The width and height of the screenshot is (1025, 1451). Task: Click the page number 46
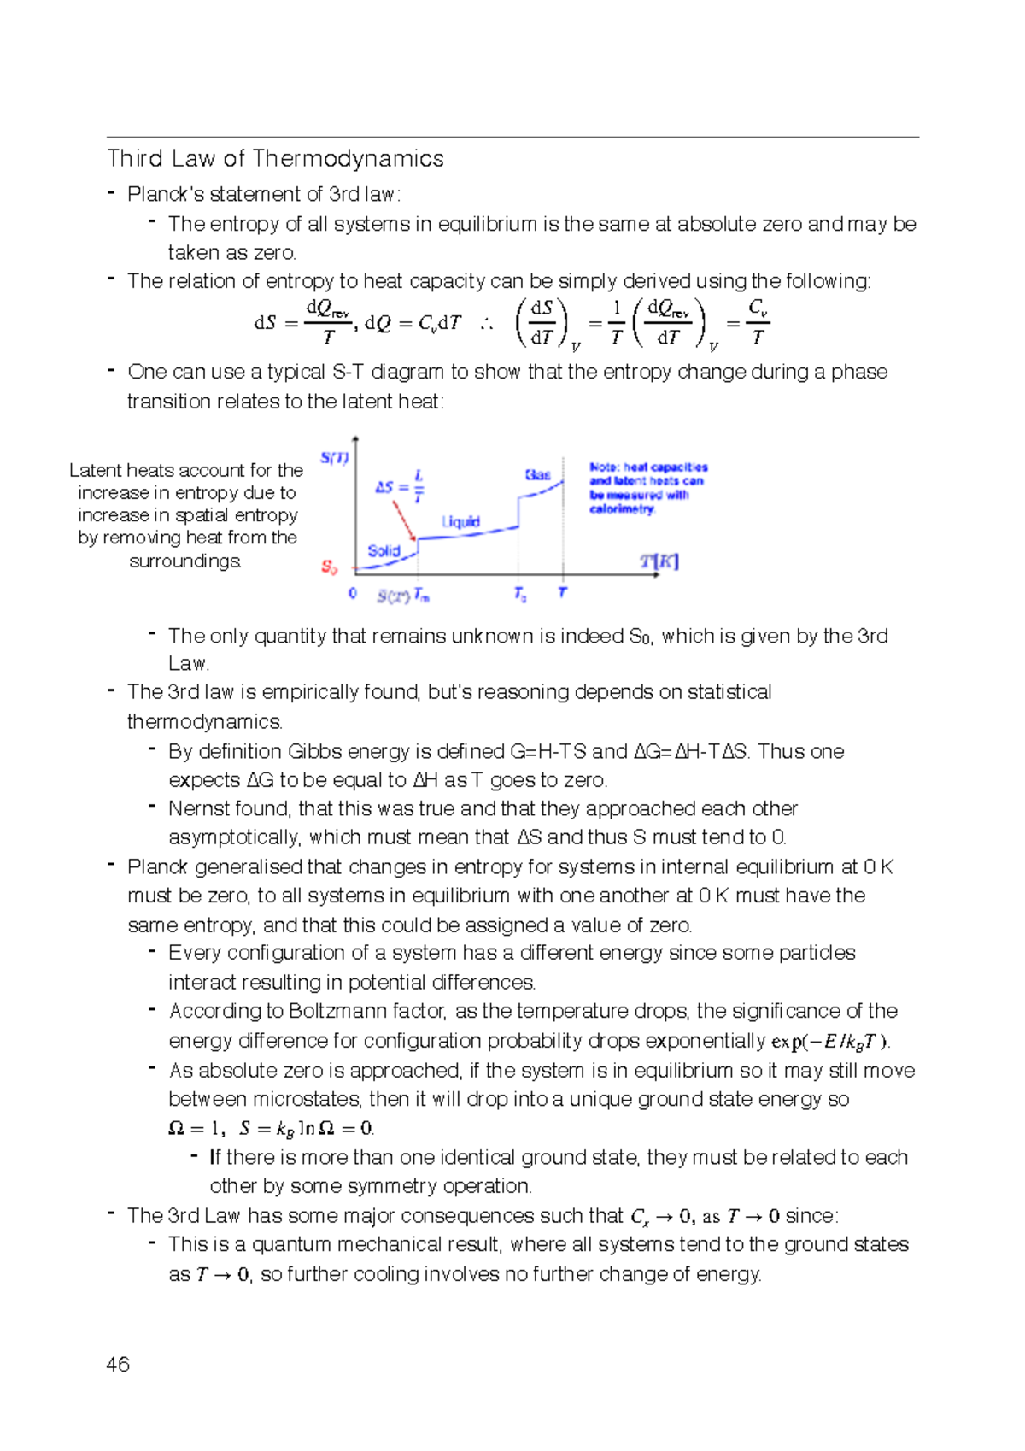tap(118, 1364)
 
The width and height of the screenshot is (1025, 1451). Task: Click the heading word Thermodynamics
tap(348, 159)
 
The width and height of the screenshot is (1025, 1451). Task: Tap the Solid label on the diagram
tap(384, 551)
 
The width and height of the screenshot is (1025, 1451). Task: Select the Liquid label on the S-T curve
tap(460, 521)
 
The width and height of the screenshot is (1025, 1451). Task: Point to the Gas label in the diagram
tap(537, 474)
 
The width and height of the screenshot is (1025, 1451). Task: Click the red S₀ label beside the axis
tap(329, 567)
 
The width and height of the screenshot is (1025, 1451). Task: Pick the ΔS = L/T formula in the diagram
tap(400, 487)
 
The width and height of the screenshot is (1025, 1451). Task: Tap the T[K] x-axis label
tap(659, 561)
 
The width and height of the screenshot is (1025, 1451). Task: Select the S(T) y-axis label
tap(334, 458)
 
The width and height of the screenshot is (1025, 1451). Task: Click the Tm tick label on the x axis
tap(421, 595)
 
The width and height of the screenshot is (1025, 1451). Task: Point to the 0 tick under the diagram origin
tap(352, 593)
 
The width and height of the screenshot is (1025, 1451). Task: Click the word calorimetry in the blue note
tap(621, 509)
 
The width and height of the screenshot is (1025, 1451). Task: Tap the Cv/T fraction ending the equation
tap(758, 323)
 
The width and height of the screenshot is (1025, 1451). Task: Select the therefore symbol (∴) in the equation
tap(486, 324)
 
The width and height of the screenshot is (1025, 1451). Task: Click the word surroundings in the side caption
tap(185, 561)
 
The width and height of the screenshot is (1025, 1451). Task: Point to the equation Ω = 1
tap(195, 1129)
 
